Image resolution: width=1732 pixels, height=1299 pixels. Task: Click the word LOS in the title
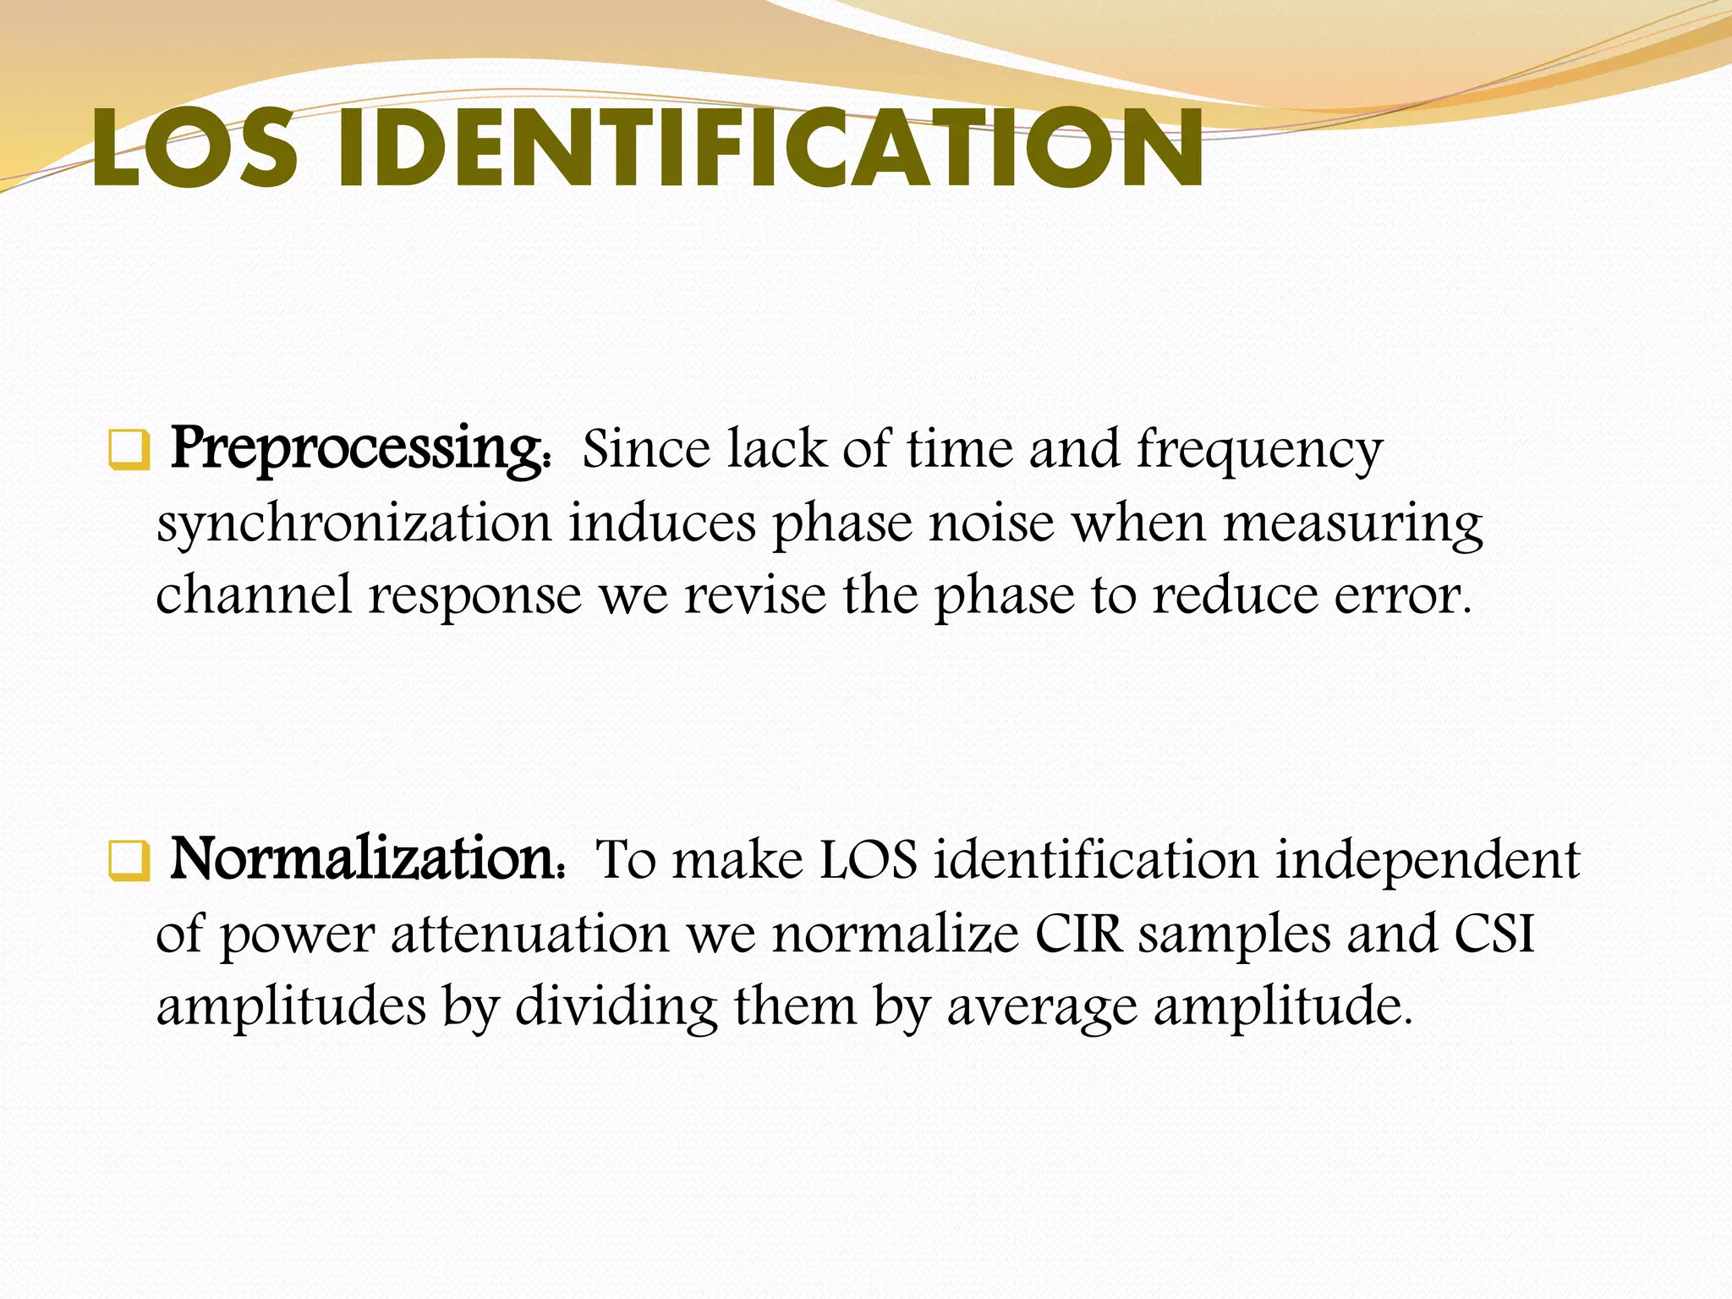195,150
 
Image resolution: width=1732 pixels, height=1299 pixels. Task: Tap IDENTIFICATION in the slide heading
770,150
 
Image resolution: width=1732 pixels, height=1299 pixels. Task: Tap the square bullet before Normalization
129,861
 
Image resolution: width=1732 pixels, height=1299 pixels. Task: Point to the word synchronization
354,523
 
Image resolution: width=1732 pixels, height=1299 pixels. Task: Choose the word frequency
1259,450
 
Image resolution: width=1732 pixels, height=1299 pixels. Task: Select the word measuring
1353,523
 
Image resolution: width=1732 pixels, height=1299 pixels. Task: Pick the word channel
254,595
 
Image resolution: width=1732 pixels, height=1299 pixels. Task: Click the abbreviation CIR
1078,935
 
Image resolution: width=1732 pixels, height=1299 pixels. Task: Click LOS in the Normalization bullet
869,861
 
